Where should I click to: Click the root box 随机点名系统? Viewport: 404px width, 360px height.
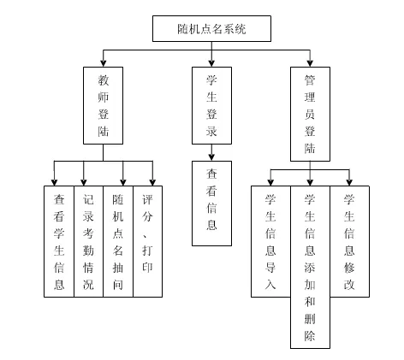click(x=211, y=29)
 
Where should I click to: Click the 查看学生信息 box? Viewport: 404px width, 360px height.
click(x=58, y=240)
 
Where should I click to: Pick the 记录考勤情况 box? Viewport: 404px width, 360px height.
click(x=88, y=240)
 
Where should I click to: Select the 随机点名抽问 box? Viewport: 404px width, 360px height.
click(x=118, y=240)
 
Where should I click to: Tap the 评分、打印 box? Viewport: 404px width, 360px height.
click(x=147, y=240)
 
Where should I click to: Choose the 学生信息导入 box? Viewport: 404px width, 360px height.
click(x=270, y=240)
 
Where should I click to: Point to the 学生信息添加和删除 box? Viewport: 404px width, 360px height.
click(x=310, y=266)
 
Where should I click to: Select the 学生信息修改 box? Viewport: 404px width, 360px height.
click(x=349, y=240)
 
